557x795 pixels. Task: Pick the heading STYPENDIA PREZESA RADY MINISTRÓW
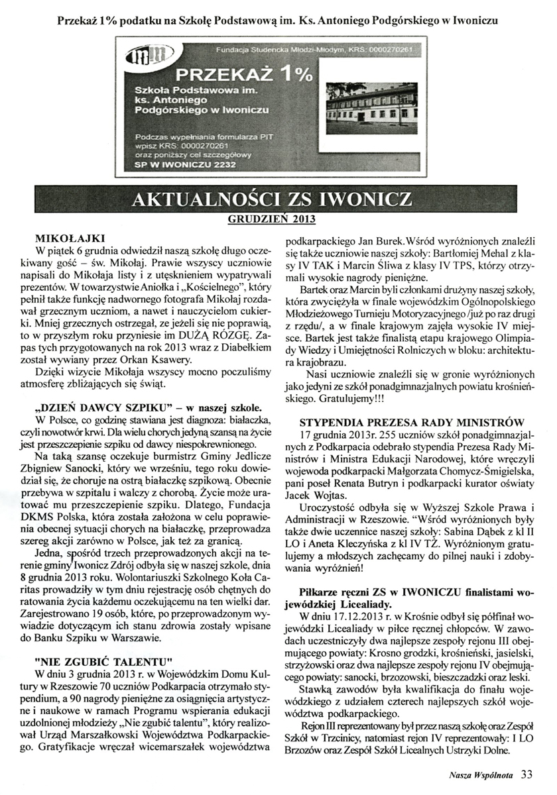click(411, 421)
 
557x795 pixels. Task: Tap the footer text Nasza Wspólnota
click(475, 774)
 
